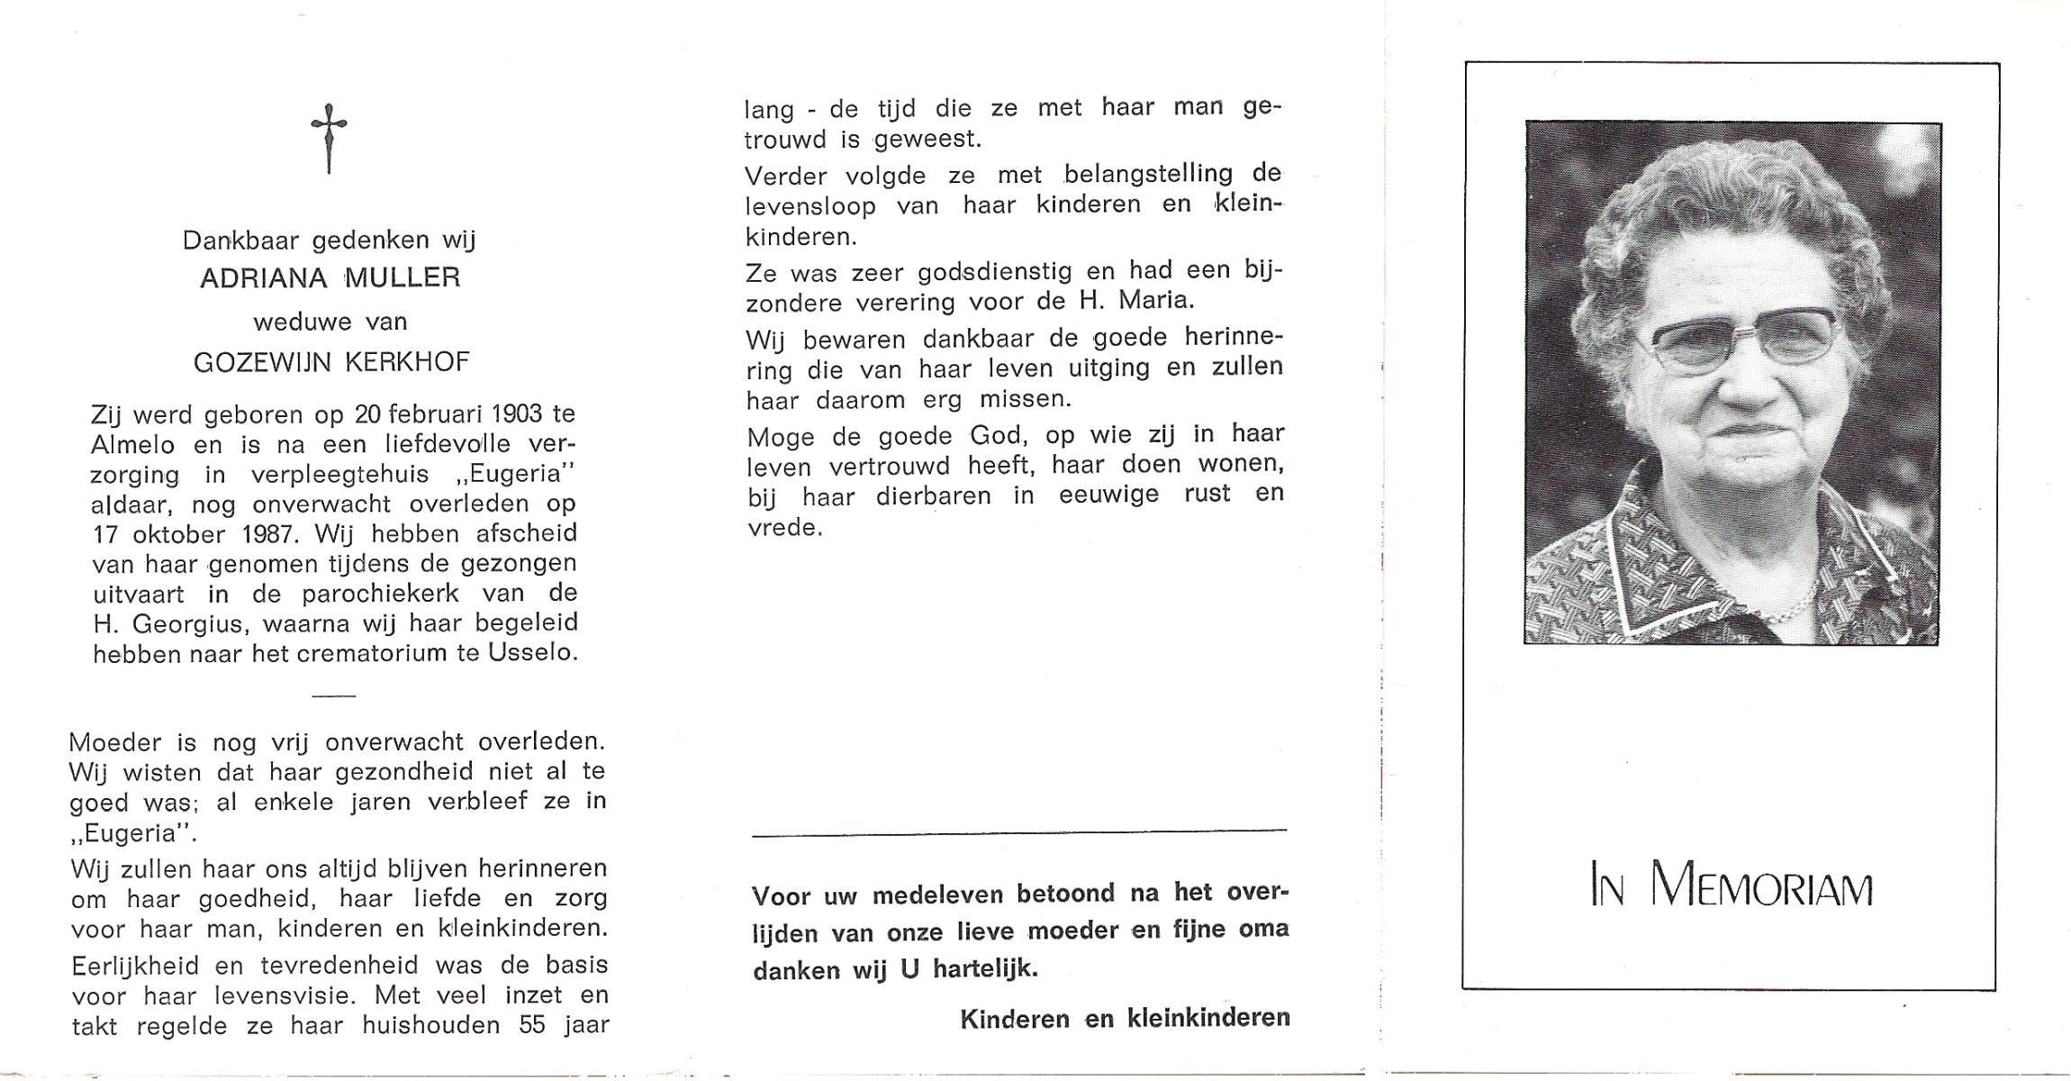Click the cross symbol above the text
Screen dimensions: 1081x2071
coord(329,137)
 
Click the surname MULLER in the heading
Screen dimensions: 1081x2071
coord(402,277)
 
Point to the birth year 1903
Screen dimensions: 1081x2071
coord(517,413)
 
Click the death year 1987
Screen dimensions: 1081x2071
coord(269,534)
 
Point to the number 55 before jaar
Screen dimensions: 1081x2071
coord(531,1025)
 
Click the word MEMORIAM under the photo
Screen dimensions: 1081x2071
coord(1762,886)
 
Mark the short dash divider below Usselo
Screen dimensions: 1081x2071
coord(333,695)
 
